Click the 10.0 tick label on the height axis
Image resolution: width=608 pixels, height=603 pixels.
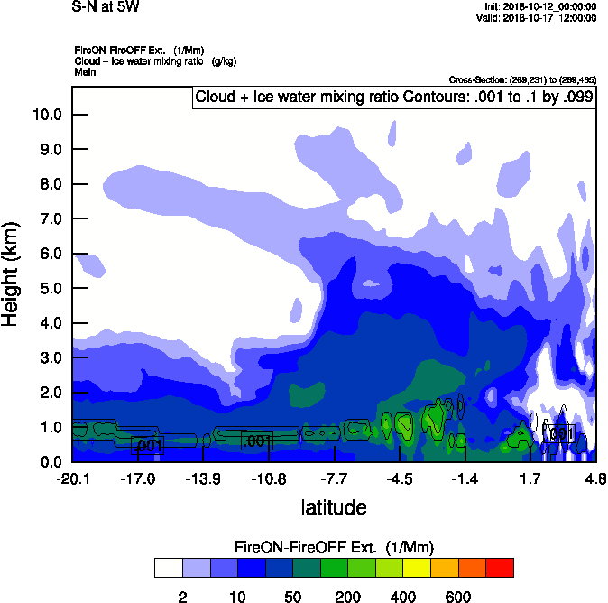[46, 115]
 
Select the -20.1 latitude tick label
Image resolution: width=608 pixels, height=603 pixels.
[72, 478]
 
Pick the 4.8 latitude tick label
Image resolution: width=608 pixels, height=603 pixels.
[595, 478]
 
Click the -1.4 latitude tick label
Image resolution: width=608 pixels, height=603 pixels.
[465, 478]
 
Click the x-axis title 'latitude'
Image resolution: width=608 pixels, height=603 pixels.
[333, 507]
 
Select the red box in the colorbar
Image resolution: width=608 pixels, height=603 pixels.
[500, 568]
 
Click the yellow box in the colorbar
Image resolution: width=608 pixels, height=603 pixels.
[417, 568]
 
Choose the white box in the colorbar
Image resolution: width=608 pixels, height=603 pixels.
[168, 568]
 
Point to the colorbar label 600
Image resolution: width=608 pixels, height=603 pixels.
[458, 597]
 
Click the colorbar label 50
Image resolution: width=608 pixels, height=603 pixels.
[292, 597]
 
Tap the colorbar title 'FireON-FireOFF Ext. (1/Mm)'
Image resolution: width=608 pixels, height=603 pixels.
[335, 547]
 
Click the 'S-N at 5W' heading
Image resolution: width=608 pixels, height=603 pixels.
[106, 6]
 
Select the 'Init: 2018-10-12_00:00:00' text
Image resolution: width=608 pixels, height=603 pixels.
[537, 7]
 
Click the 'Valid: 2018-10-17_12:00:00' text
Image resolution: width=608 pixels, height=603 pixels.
[536, 17]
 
